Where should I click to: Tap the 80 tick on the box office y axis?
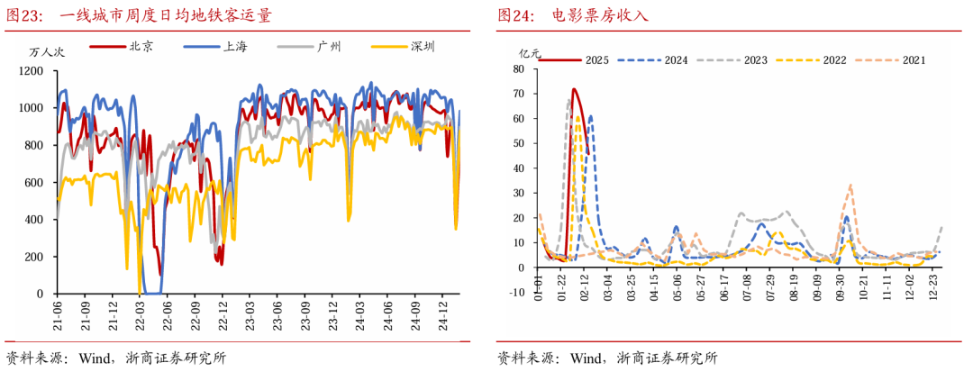(x=519, y=68)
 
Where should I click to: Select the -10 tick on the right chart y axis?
(x=517, y=292)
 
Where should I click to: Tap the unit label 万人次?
(x=40, y=51)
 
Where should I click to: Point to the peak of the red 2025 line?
(x=573, y=89)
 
